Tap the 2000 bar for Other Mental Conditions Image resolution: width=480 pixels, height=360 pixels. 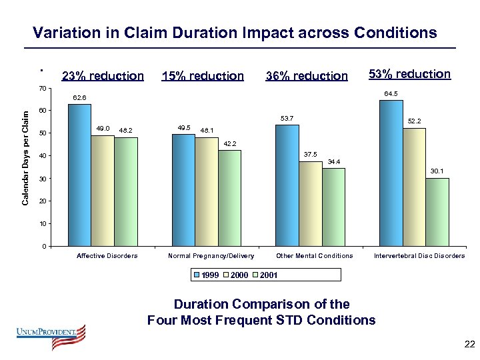pyautogui.click(x=310, y=204)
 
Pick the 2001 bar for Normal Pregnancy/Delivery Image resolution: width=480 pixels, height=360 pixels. pyautogui.click(x=229, y=198)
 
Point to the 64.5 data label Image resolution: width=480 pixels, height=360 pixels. pyautogui.click(x=391, y=94)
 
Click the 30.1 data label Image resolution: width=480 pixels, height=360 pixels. pyautogui.click(x=437, y=171)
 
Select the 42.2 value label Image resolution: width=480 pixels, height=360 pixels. pyautogui.click(x=229, y=144)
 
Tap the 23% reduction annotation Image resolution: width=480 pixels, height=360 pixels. pyautogui.click(x=102, y=76)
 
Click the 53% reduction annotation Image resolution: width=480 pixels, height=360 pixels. pyautogui.click(x=409, y=74)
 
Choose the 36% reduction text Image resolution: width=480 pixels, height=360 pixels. pyautogui.click(x=307, y=76)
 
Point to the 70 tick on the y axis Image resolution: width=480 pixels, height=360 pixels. pyautogui.click(x=43, y=89)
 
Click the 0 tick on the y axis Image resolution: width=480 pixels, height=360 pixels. pyautogui.click(x=44, y=247)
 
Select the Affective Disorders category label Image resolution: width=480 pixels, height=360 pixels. pyautogui.click(x=107, y=256)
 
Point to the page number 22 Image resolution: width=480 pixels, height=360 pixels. pyautogui.click(x=469, y=344)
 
